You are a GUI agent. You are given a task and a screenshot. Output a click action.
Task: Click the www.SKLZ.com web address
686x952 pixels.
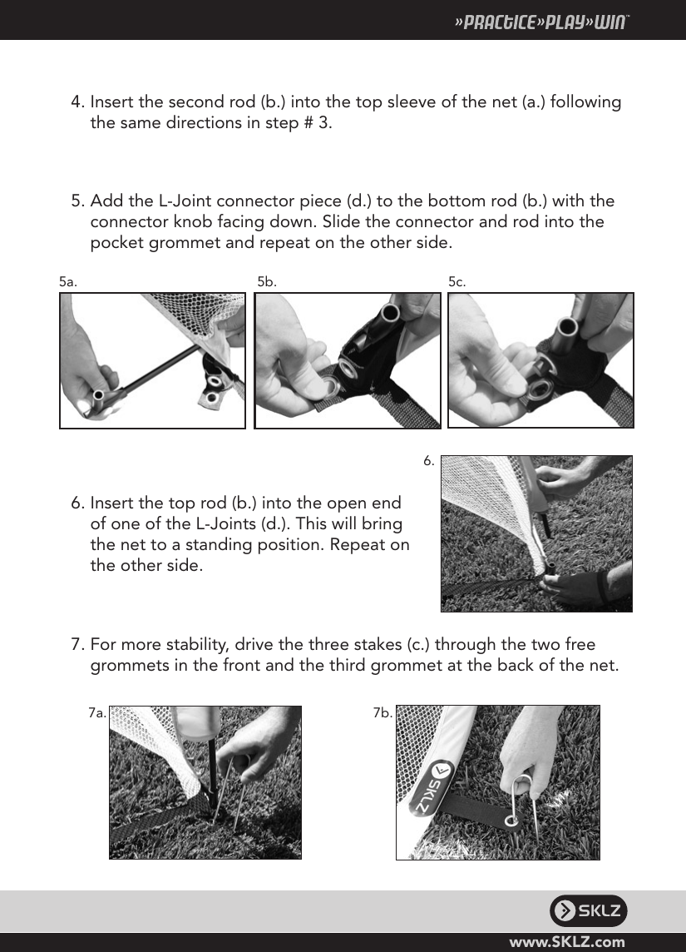(x=567, y=942)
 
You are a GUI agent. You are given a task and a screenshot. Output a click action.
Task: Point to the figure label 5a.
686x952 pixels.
(x=68, y=282)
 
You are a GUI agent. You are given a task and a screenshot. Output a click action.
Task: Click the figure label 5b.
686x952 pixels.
(x=266, y=282)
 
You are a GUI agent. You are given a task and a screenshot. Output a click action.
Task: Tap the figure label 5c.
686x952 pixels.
(x=457, y=282)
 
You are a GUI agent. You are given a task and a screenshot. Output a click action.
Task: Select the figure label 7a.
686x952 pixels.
(x=96, y=712)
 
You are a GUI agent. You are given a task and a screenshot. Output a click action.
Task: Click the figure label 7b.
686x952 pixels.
(x=382, y=712)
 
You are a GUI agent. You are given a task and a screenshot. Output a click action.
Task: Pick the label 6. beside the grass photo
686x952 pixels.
(x=429, y=460)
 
